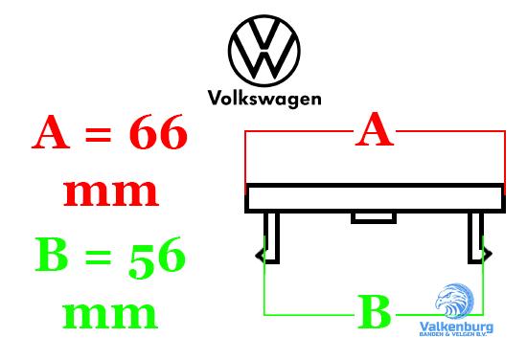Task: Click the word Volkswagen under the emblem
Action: (x=264, y=97)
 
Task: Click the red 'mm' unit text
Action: (x=110, y=191)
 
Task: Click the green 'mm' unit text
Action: (x=110, y=313)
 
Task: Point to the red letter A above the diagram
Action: (x=375, y=130)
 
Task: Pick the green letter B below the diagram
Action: (x=375, y=312)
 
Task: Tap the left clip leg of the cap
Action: (x=272, y=236)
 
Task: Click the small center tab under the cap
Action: (x=374, y=217)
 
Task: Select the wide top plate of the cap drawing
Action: (x=375, y=197)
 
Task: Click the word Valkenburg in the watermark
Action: (x=456, y=326)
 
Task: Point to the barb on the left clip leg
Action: (x=259, y=254)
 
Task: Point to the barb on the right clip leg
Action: (x=489, y=254)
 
